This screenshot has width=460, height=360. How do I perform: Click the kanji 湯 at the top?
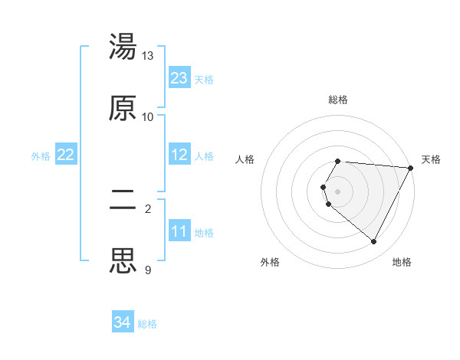pos(123,47)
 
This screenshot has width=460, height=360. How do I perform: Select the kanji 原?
pos(123,108)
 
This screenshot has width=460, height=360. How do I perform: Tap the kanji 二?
pos(123,200)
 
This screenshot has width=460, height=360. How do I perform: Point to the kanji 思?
pos(123,260)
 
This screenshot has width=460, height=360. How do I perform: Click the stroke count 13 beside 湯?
pos(148,56)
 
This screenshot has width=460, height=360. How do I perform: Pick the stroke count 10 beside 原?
pos(148,116)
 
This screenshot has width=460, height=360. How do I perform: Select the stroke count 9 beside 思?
pos(148,270)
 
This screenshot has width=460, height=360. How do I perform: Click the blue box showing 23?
pos(179,78)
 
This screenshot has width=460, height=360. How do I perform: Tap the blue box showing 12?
pos(179,155)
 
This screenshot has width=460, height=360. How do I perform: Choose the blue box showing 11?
pos(179,231)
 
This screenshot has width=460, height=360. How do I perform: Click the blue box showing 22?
pos(66,155)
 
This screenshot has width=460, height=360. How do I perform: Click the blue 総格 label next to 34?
pos(148,324)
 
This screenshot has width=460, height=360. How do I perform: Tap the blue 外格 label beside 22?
pos(41,155)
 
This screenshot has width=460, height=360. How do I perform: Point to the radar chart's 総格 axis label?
pos(338,100)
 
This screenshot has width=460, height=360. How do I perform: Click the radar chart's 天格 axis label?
pos(432,159)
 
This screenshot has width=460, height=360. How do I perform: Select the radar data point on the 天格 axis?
pos(412,167)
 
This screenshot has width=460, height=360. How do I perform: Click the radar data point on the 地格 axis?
pos(374,242)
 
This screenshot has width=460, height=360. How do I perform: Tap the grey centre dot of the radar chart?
pos(338,191)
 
